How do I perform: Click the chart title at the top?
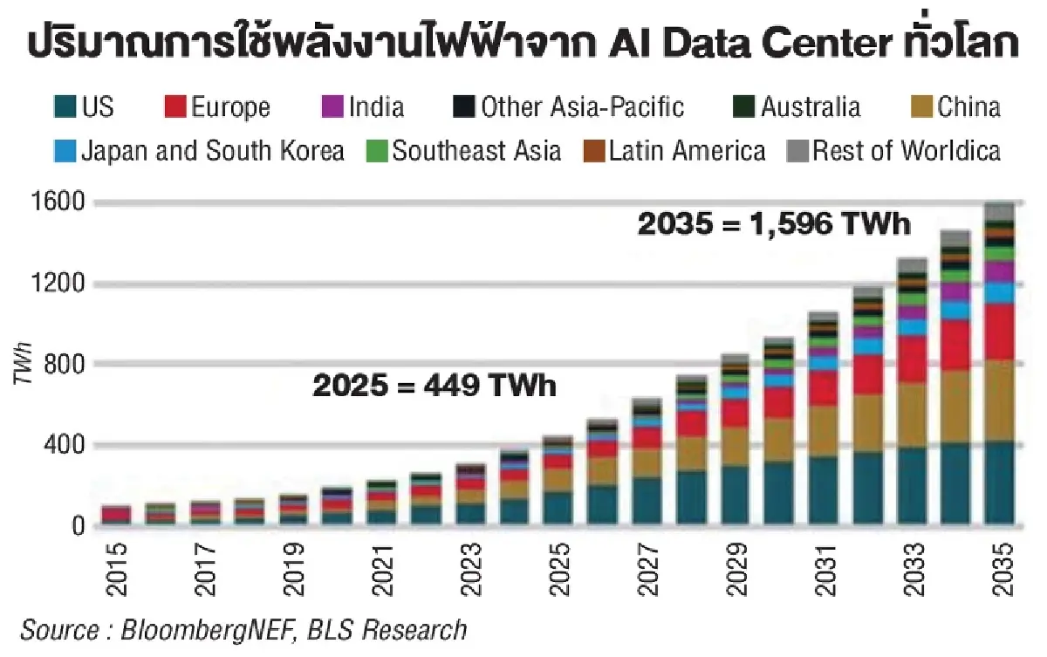523,42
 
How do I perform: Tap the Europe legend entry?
218,107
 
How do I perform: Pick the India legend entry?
363,107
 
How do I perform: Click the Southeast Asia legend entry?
463,150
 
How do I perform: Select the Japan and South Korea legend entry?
200,150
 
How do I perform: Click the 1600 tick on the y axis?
62,202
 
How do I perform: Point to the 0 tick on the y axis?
78,526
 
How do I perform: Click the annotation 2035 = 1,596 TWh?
774,224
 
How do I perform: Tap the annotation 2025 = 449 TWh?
434,385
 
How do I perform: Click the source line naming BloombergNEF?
244,630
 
